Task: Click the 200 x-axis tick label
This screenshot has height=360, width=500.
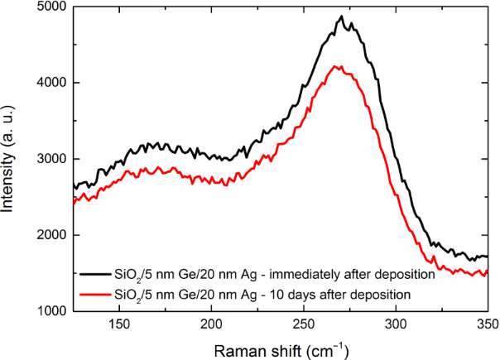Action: [x=212, y=324]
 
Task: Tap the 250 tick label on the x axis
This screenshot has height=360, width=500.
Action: [x=304, y=324]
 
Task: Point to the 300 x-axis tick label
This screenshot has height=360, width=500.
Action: [x=396, y=324]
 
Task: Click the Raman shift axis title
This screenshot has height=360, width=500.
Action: [x=280, y=348]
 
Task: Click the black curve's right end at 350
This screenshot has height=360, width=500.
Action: [x=487, y=257]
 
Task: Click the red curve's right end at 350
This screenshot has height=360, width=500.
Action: [x=487, y=271]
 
